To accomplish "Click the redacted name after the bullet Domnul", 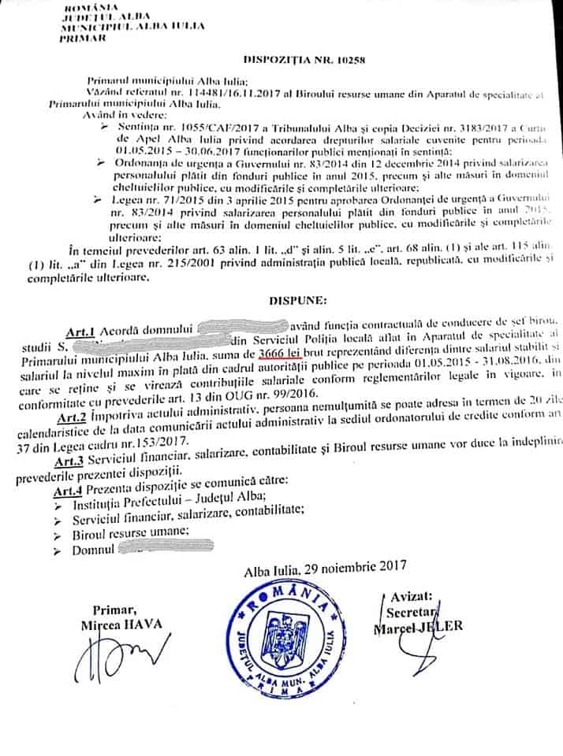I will point(164,548).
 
